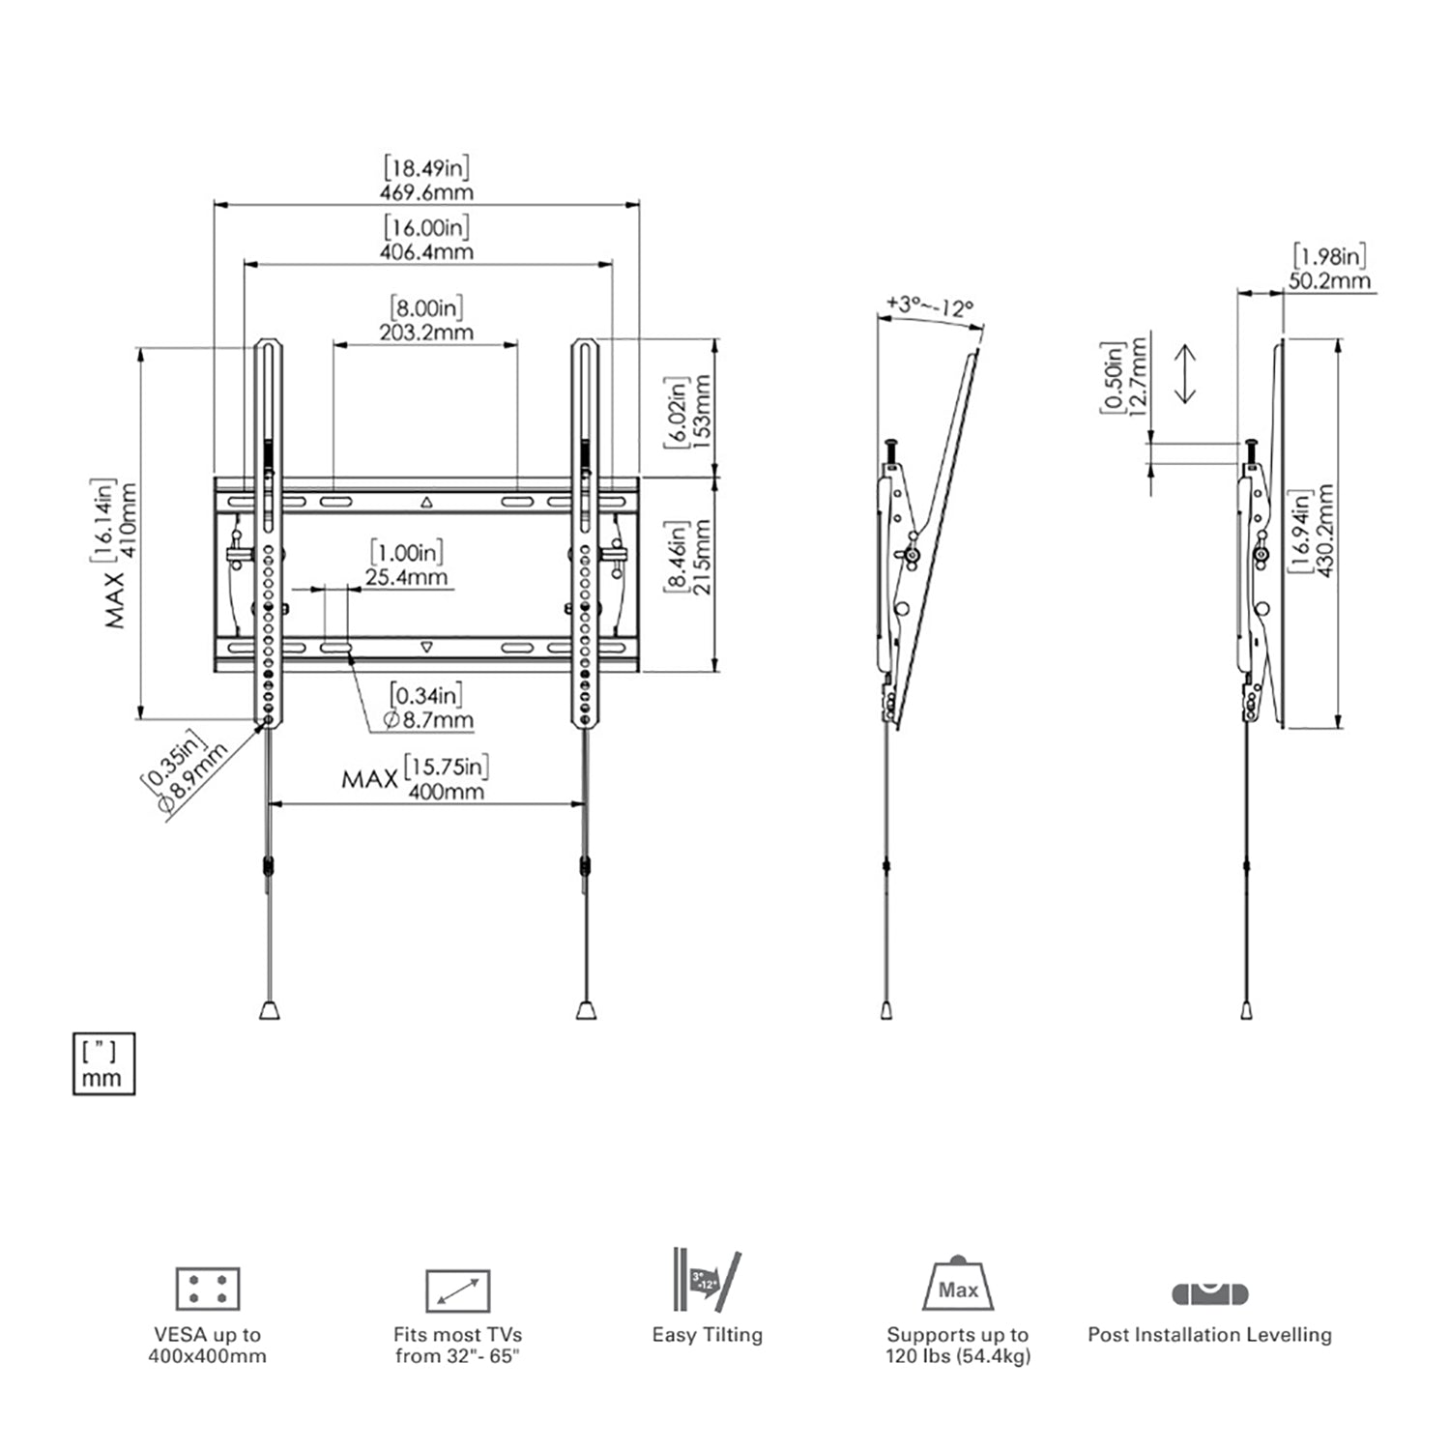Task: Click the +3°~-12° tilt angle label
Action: (929, 307)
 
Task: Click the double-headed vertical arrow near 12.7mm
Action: (1185, 374)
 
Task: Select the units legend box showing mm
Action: (103, 1064)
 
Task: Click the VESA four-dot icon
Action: (208, 1289)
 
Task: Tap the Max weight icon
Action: (957, 1285)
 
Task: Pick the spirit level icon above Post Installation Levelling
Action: (1209, 1292)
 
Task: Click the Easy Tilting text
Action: (707, 1335)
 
